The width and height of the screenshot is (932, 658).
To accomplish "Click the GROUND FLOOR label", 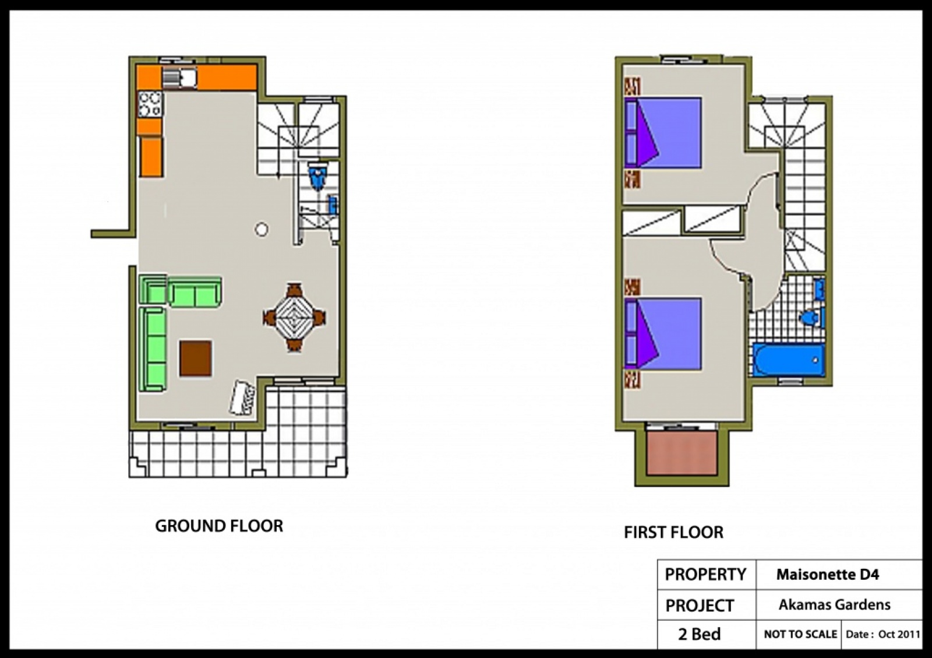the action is [x=219, y=526].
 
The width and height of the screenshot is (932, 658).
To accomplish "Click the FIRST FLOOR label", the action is [x=673, y=532].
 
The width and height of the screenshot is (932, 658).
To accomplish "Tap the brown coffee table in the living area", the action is [x=196, y=358].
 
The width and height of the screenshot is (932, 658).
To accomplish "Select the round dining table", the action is [x=295, y=318].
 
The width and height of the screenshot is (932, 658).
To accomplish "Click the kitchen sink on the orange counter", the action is [x=179, y=78].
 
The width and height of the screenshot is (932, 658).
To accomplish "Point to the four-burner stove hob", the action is [x=150, y=104].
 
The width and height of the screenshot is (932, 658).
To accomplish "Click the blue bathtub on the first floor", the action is [x=789, y=360].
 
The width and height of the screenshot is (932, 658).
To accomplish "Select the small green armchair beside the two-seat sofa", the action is [x=153, y=289].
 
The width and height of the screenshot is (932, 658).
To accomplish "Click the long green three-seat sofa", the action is [x=153, y=349].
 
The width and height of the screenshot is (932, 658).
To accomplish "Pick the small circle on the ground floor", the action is [x=262, y=229].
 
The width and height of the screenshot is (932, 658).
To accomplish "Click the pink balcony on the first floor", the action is [x=682, y=453].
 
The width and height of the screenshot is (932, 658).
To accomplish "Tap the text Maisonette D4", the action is [x=828, y=575].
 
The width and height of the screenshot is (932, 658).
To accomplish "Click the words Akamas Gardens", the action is [x=834, y=604].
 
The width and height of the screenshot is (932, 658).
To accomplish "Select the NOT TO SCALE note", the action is [x=800, y=634].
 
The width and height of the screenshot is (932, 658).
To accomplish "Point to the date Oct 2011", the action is [x=899, y=634].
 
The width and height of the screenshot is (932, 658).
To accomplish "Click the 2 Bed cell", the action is [x=699, y=634].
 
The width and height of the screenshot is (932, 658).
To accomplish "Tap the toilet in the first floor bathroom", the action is [x=812, y=318].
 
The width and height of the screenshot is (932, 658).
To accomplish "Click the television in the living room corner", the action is [x=242, y=398].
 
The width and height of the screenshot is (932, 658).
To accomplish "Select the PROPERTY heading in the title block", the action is [x=705, y=575].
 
